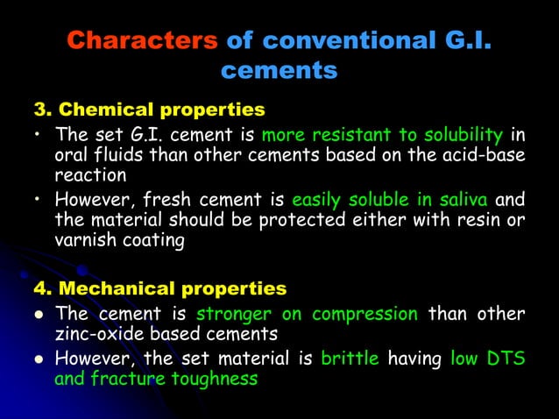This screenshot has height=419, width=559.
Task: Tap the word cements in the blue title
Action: [279, 71]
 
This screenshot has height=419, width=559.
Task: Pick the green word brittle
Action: [351, 359]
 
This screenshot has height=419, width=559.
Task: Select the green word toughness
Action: [211, 379]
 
